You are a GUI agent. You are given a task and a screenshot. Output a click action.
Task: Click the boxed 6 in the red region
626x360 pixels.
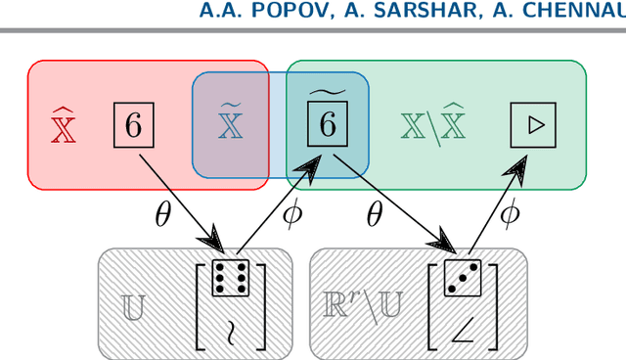point(134,125)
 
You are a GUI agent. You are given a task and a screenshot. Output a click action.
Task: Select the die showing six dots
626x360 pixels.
point(231,279)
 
